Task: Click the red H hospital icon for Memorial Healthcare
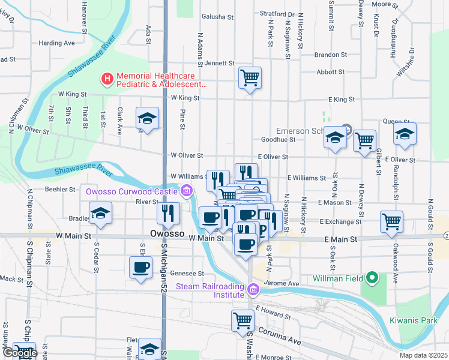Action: [107, 78]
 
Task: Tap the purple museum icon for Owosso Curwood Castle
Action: [187, 191]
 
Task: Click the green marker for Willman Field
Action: [372, 278]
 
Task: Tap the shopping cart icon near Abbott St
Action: [250, 77]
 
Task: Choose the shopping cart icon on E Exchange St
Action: [391, 221]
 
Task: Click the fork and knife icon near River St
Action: [169, 212]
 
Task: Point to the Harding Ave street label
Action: [56, 43]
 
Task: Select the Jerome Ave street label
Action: [285, 283]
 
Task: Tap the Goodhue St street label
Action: [279, 139]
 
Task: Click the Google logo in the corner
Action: [19, 353]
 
